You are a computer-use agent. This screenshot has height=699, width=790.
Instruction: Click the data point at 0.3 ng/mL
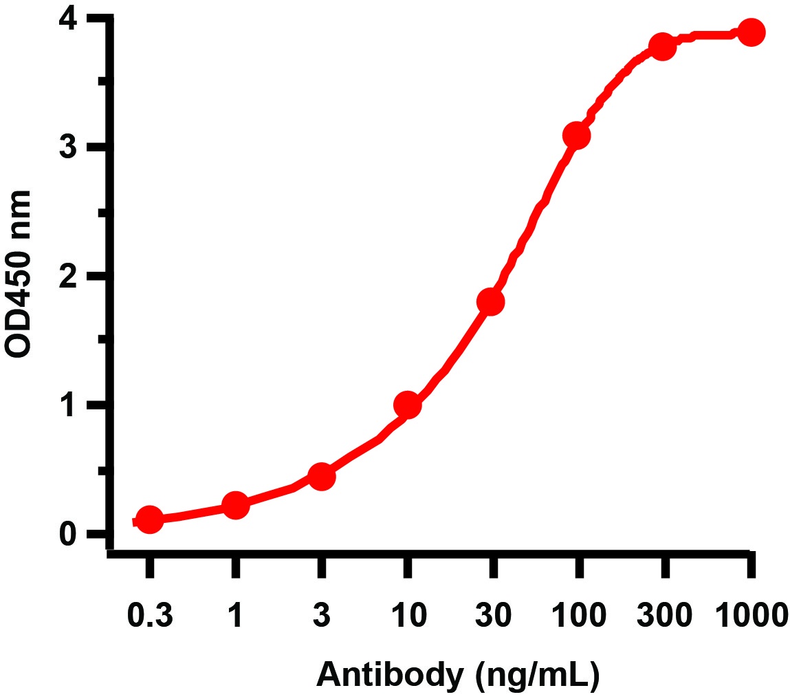(150, 520)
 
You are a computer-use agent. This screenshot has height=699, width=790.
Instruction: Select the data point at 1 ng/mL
(235, 506)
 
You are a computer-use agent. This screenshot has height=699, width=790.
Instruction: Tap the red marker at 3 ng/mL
(321, 477)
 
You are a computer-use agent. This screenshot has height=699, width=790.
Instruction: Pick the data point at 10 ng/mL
(407, 405)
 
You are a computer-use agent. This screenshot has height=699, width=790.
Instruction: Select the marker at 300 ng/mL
(663, 48)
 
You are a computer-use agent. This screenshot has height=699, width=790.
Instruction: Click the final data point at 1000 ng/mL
(751, 32)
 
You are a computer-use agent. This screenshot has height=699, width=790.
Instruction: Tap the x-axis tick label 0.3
(150, 615)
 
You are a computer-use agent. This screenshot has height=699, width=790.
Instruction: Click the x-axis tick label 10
(407, 615)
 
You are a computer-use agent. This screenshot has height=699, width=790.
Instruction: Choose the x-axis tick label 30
(492, 615)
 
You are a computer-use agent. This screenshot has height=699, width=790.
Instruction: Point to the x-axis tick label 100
(579, 615)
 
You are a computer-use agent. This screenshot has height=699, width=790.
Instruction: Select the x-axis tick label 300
(664, 615)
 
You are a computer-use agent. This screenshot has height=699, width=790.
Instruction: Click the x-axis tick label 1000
(749, 615)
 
